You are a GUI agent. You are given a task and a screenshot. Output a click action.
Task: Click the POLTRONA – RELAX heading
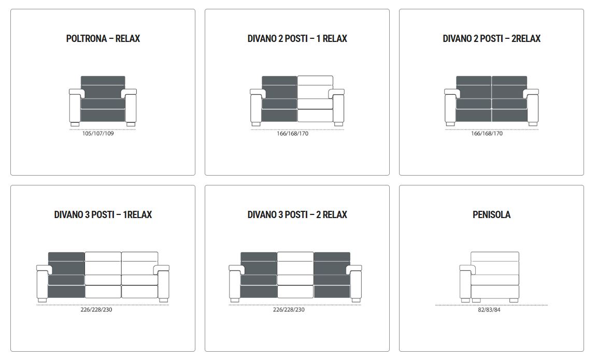[103, 38]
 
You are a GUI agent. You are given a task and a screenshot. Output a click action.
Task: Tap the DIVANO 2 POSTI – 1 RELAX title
[297, 38]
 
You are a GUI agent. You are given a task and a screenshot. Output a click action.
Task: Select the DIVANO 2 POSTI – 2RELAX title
[491, 38]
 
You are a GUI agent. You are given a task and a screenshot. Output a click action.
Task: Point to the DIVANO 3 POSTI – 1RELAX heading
[103, 214]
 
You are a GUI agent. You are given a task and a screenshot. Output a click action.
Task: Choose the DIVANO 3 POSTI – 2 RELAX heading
[297, 214]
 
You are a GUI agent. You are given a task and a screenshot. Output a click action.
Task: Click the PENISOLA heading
[491, 214]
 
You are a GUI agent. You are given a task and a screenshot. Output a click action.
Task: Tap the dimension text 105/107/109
[98, 134]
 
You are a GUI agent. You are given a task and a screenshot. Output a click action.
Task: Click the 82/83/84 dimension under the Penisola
[489, 310]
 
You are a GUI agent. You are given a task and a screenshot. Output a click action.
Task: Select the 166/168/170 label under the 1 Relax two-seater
[292, 134]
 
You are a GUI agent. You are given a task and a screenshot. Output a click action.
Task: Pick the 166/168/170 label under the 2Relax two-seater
[487, 134]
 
